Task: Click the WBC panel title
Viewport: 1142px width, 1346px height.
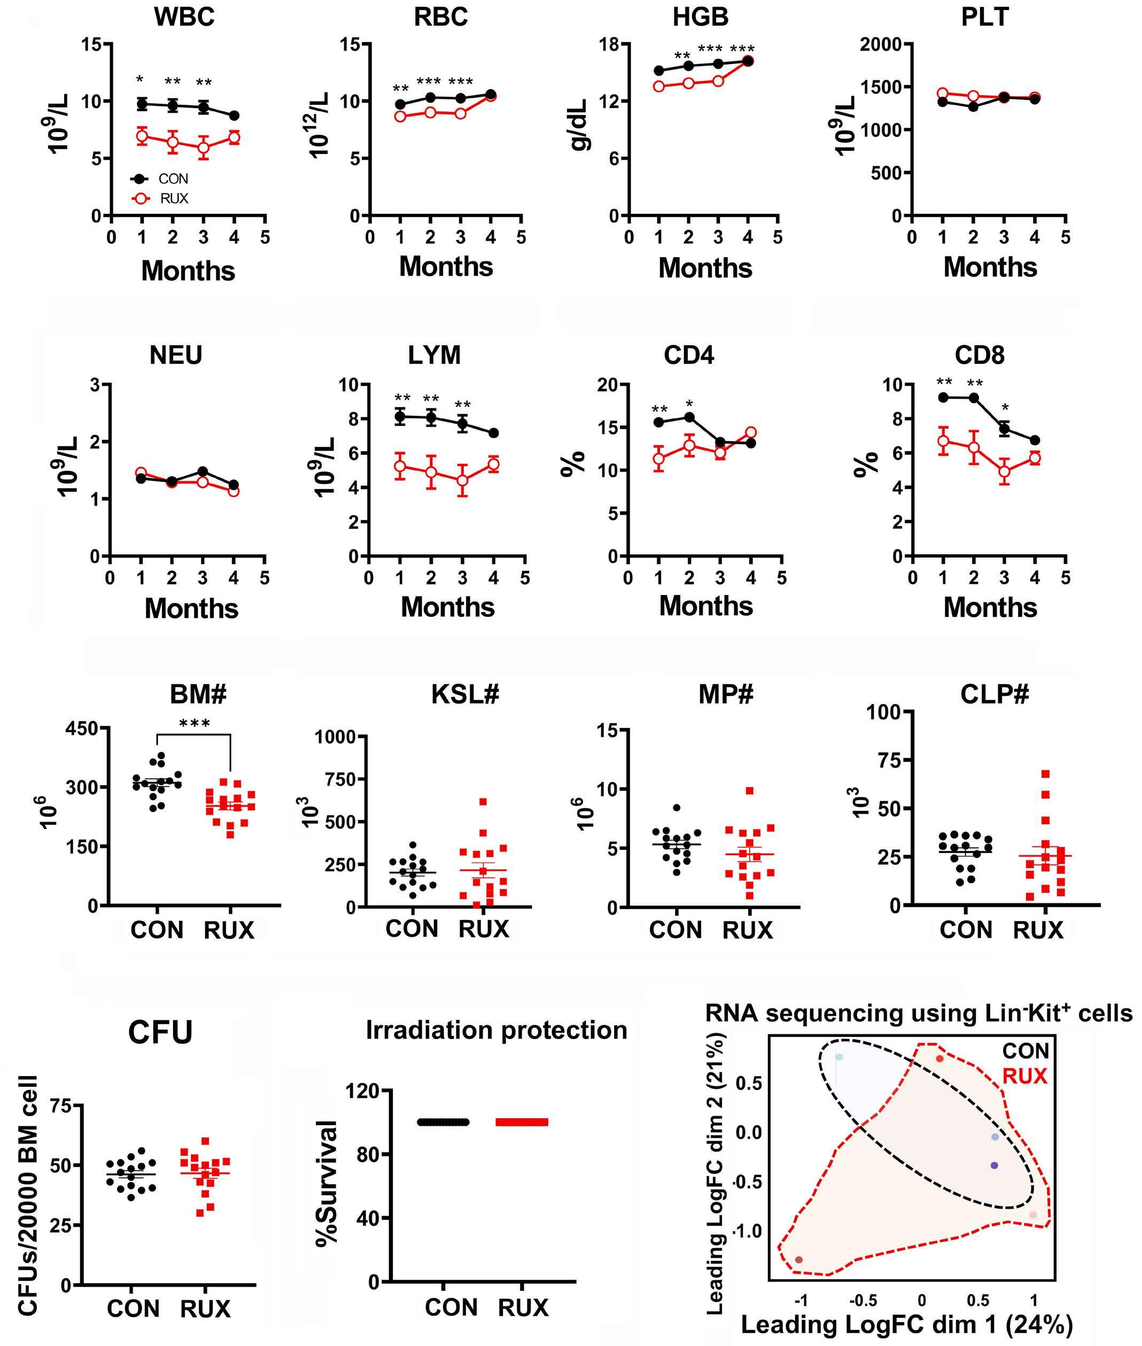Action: point(184,17)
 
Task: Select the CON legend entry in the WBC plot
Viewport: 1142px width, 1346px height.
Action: point(173,179)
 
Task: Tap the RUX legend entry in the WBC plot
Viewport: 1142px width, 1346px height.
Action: point(174,199)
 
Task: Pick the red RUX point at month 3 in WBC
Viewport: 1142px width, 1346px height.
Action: point(203,147)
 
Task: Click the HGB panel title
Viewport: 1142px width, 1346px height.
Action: point(701,17)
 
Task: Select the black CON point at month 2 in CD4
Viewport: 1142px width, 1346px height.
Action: point(689,417)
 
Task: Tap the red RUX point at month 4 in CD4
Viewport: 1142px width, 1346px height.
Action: point(751,432)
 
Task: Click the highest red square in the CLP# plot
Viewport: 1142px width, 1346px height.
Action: point(1045,773)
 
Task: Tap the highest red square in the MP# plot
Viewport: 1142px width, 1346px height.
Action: point(750,791)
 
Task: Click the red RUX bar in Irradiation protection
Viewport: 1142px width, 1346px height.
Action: point(522,1122)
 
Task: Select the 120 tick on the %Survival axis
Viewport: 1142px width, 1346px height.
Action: point(364,1092)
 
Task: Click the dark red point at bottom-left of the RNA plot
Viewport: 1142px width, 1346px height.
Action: point(799,1259)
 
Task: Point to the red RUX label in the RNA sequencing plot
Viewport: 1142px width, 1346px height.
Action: point(1025,1077)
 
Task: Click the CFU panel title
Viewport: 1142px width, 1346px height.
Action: point(160,1033)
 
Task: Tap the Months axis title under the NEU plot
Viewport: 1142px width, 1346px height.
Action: point(192,608)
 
